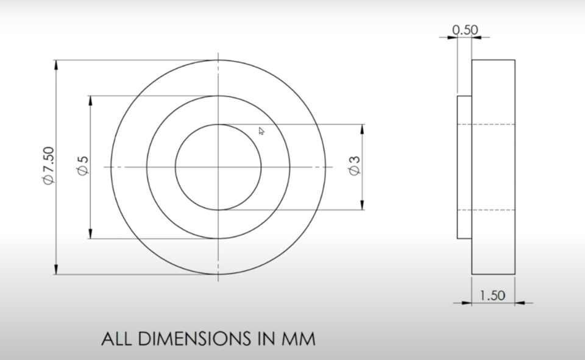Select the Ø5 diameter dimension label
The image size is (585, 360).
(x=83, y=166)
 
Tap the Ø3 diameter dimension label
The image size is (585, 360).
(x=354, y=166)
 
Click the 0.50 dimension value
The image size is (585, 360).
(x=466, y=30)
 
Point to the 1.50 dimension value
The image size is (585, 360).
(x=492, y=295)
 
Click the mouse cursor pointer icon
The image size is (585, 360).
(x=261, y=131)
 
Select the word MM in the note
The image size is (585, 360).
(x=299, y=339)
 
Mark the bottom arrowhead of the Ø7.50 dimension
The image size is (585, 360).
(x=56, y=270)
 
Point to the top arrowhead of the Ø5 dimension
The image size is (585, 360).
(x=91, y=100)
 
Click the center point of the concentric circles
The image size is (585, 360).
(x=218, y=167)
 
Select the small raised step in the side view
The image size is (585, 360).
(x=464, y=167)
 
